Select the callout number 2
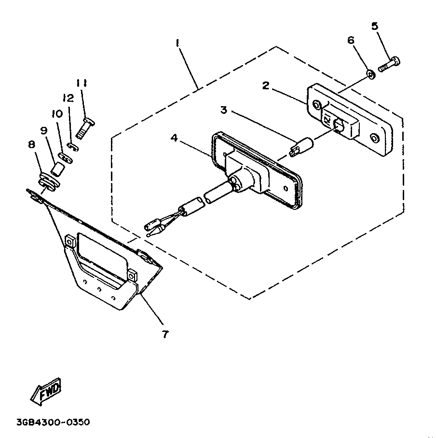[266, 85]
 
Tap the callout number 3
[224, 110]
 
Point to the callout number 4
[174, 138]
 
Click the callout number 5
[375, 26]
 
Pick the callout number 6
[351, 40]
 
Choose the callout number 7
[165, 334]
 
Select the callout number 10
[57, 114]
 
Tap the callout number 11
[82, 83]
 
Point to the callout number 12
[68, 98]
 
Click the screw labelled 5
[390, 64]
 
